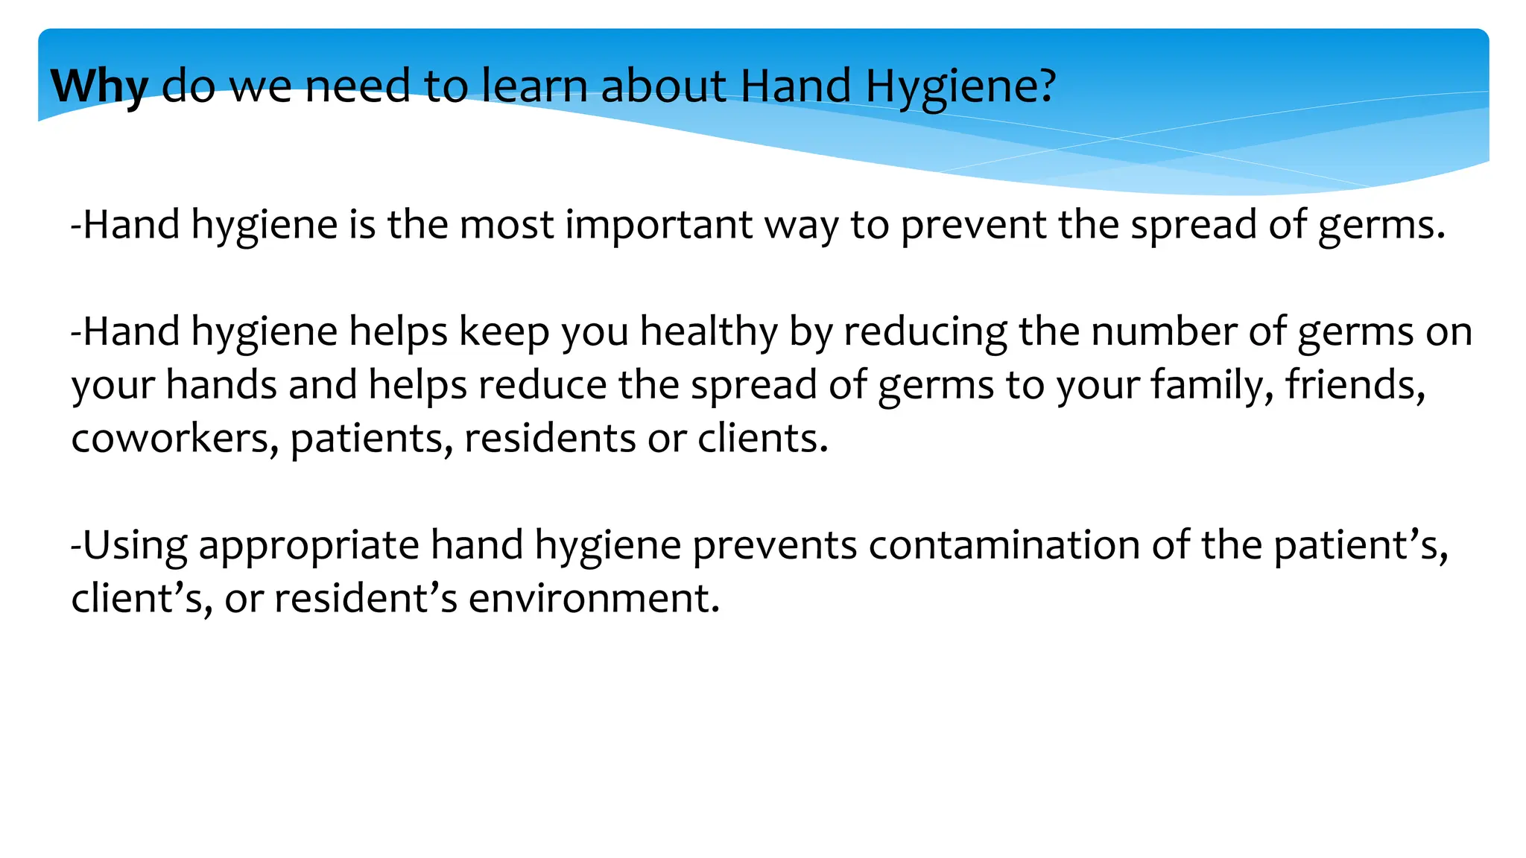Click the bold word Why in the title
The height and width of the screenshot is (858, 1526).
(99, 86)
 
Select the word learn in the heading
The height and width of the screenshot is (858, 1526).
(534, 85)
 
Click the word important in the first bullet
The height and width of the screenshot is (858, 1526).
(659, 225)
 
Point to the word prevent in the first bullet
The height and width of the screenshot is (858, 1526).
(973, 225)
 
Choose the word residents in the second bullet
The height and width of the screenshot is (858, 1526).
(549, 439)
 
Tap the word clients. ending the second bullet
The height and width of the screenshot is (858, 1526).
(762, 439)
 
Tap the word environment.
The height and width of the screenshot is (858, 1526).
(594, 599)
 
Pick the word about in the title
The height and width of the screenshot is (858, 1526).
(663, 85)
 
